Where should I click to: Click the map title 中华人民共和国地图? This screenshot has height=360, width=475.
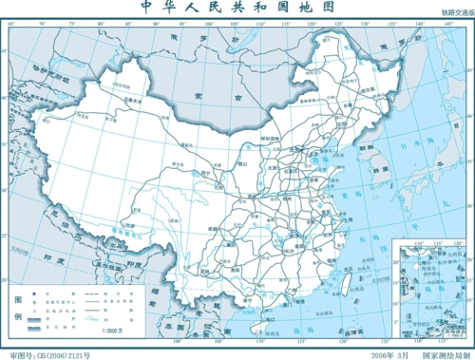[237, 9]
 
